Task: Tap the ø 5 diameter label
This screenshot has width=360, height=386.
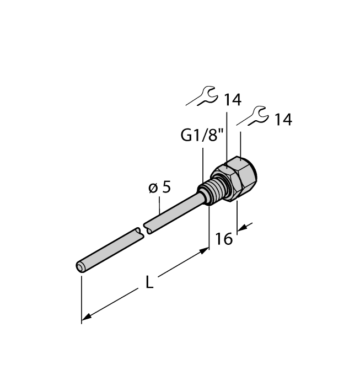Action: click(x=159, y=187)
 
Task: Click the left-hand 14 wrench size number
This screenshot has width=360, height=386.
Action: click(x=233, y=100)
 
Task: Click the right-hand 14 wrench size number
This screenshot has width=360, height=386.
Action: click(x=282, y=120)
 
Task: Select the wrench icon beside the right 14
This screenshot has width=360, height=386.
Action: click(x=253, y=116)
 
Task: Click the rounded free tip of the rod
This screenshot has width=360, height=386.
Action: click(x=80, y=267)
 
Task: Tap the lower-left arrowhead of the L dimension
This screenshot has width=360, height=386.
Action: click(x=86, y=319)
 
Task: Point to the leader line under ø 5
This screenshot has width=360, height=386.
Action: click(x=160, y=206)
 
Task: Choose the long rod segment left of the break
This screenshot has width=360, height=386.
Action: click(x=110, y=249)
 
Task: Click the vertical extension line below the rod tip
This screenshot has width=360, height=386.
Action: click(x=82, y=298)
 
